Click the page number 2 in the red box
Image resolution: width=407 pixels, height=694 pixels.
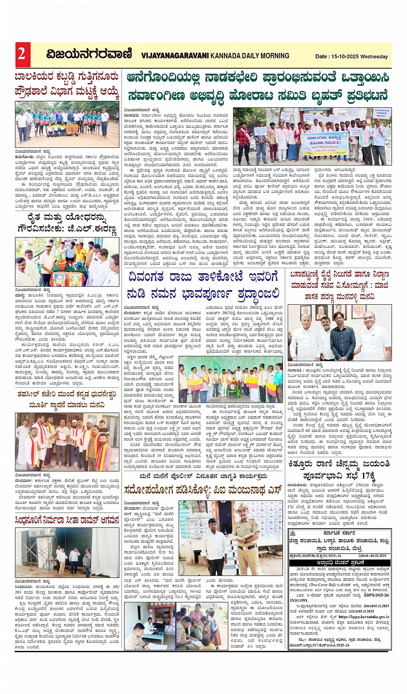tap(21, 54)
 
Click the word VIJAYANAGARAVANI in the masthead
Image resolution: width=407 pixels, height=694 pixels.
tap(175, 56)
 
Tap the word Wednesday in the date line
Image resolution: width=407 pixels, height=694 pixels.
tap(374, 56)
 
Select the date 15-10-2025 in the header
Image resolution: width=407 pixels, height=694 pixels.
tap(344, 56)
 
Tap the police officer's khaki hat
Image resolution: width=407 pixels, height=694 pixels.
tap(242, 508)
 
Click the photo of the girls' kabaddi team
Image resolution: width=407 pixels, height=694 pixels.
tap(67, 125)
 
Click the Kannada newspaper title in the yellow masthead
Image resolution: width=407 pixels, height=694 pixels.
tap(89, 54)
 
